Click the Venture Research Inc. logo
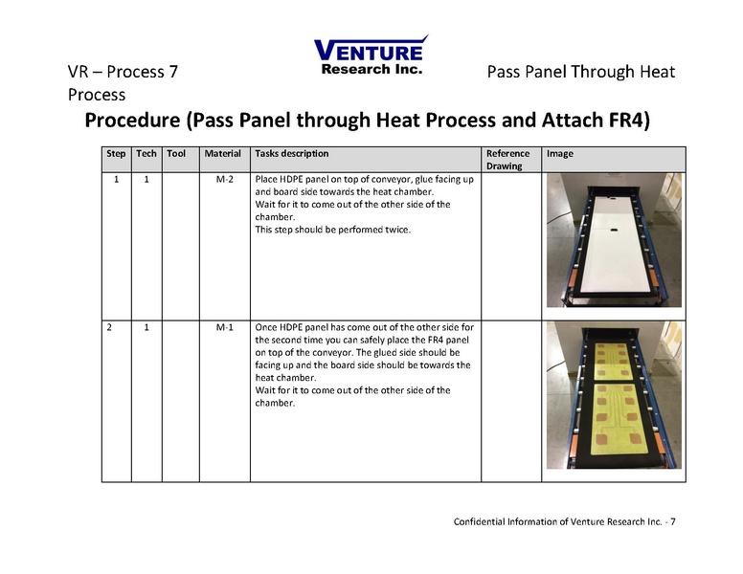[371, 55]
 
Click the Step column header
[116, 153]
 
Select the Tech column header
[146, 153]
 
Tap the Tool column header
[176, 153]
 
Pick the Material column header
[223, 153]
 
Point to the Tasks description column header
[291, 153]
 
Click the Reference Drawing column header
[507, 159]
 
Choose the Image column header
[560, 153]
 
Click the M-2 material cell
[225, 179]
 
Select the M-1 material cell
[225, 327]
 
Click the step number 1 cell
[116, 179]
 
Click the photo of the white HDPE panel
[613, 240]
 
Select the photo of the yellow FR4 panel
[613, 395]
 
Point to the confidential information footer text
[564, 521]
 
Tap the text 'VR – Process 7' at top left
[122, 73]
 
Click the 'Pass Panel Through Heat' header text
[580, 73]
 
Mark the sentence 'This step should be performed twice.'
[332, 230]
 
